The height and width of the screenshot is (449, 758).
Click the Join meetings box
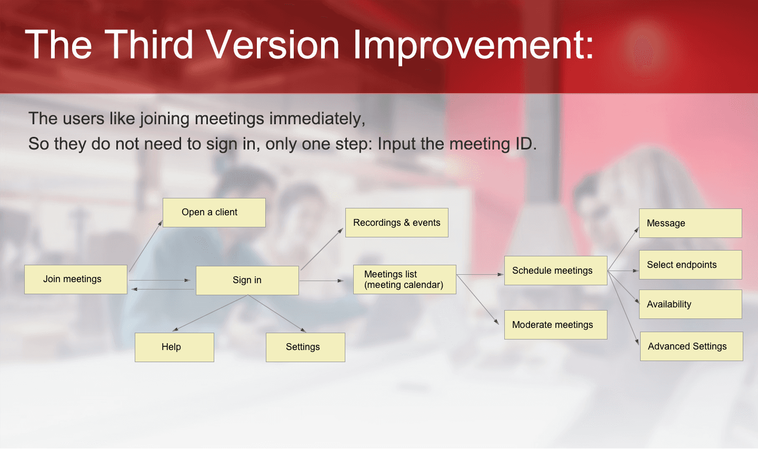pos(76,280)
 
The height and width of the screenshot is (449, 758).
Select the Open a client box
pos(214,213)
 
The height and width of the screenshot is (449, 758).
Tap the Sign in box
pos(247,281)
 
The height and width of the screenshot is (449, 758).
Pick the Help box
pos(174,347)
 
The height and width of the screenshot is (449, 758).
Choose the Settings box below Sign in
pos(305,347)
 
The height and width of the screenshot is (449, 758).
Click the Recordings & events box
pos(397,223)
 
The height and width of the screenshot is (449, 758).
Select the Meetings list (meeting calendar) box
pos(405,280)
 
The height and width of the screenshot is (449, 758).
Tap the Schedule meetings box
pos(556,271)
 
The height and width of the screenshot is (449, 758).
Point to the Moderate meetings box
pos(556,325)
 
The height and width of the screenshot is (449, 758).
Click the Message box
pos(691,223)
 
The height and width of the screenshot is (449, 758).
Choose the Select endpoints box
pos(691,265)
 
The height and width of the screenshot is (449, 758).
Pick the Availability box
pos(691,304)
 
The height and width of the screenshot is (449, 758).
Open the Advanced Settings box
pos(692,346)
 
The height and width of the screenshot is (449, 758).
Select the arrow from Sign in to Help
pos(210,313)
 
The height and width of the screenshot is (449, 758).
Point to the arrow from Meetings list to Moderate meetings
pos(478,300)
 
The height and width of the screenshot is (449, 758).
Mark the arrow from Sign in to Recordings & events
pos(322,249)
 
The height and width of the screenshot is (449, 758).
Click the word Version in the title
pos(273,45)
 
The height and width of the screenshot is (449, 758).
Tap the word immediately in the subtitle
pos(317,119)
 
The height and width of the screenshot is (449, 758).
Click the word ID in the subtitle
pos(526,144)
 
